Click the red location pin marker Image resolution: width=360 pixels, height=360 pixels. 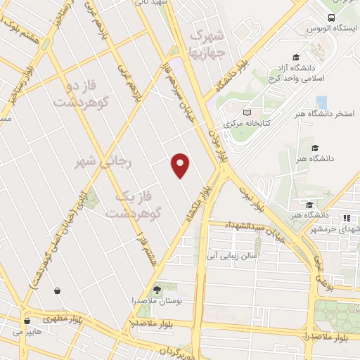click(x=181, y=165)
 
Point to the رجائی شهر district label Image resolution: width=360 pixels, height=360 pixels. click(x=103, y=162)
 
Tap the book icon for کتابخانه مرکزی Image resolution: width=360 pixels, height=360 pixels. click(x=247, y=112)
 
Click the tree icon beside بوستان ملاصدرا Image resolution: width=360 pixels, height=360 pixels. click(x=157, y=288)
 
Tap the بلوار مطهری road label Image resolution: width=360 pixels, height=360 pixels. click(x=55, y=318)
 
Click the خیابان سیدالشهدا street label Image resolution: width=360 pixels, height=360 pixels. click(x=255, y=233)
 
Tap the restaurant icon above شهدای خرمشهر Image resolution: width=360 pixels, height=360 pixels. click(x=346, y=217)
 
